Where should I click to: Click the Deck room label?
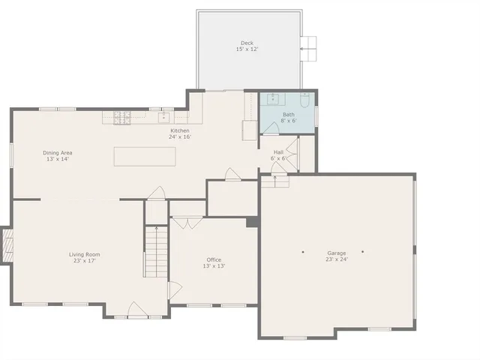click(247, 43)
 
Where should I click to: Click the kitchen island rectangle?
click(145, 156)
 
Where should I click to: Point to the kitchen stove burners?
click(121, 117)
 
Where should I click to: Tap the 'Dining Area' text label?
click(58, 152)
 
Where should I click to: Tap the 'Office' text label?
click(214, 260)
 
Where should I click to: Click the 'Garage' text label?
click(336, 253)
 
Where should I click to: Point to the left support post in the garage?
click(303, 251)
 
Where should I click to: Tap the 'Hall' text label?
click(278, 152)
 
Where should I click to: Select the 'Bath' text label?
click(289, 115)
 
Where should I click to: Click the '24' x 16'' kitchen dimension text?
click(180, 137)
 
